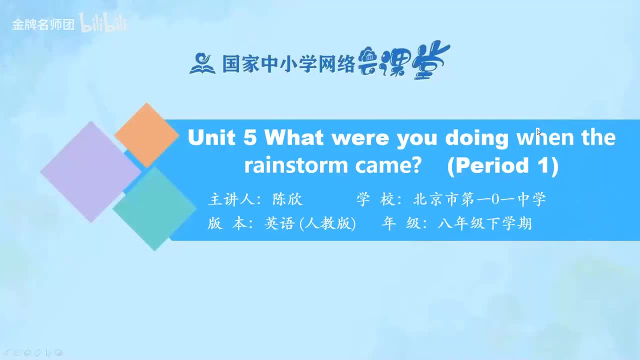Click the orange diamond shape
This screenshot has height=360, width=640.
[146, 135]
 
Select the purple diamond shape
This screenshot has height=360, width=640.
[91, 171]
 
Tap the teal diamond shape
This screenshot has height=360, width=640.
[154, 209]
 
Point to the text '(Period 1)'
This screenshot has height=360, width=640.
[502, 166]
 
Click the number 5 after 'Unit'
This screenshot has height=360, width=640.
[250, 137]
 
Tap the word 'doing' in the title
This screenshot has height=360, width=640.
[477, 139]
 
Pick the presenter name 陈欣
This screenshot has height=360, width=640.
[287, 199]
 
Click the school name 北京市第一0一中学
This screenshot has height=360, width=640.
[479, 199]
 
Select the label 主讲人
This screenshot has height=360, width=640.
[231, 199]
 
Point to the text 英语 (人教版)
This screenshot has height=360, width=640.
[310, 223]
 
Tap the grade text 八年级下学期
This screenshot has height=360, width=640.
[484, 223]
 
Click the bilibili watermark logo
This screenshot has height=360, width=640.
[103, 22]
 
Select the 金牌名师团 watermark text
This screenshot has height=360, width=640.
[43, 24]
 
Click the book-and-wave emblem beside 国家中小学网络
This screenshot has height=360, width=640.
[202, 63]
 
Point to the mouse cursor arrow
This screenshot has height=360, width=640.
[538, 133]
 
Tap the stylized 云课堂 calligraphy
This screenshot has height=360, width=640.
[403, 60]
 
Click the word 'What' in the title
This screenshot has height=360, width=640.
[294, 137]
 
